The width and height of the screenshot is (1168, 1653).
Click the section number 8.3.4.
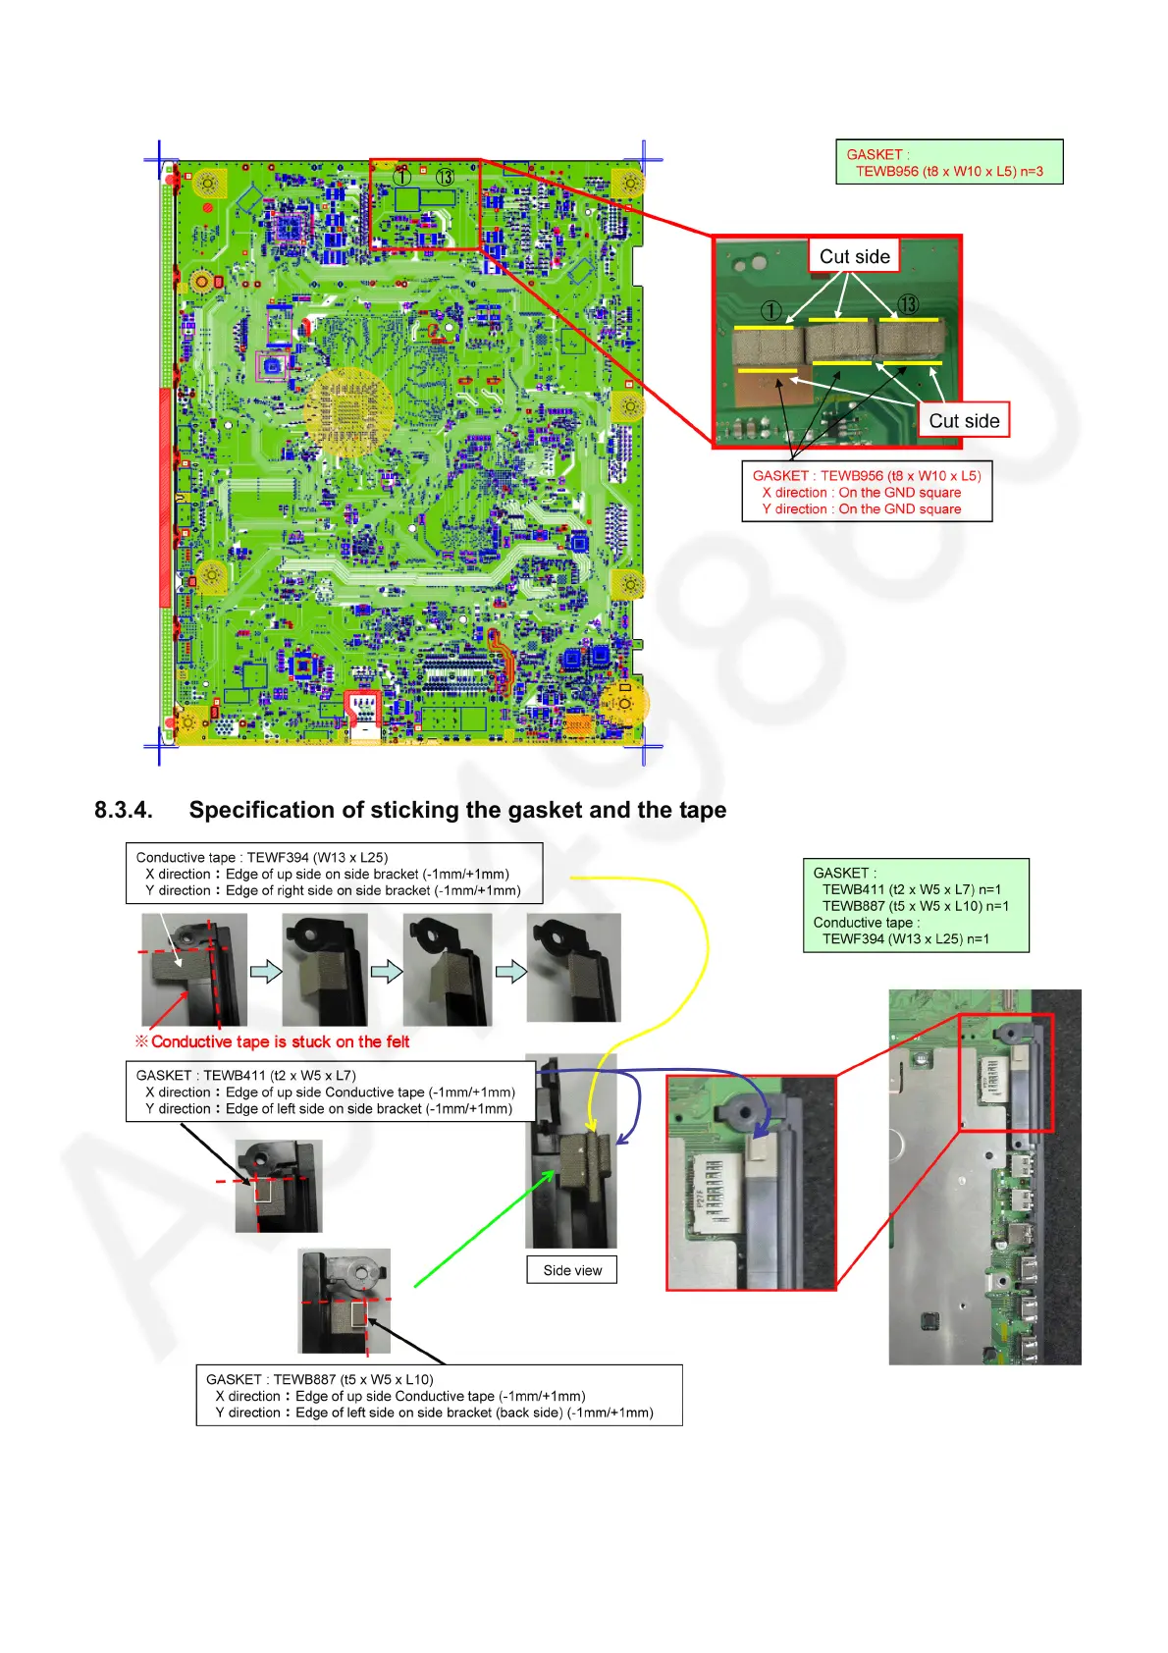tap(124, 811)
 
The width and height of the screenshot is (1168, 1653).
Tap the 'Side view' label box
tap(572, 1270)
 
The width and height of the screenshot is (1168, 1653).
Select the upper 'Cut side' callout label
tap(854, 257)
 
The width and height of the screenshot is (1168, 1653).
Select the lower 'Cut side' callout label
tap(964, 421)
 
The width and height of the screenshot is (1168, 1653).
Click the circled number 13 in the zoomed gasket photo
tap(908, 305)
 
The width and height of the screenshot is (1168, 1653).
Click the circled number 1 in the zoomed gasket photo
tap(771, 311)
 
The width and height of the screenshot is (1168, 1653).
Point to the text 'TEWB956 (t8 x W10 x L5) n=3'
tap(949, 172)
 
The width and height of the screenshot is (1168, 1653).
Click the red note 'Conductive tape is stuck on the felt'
tap(280, 1042)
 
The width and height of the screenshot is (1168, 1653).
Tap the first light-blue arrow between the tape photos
tap(266, 972)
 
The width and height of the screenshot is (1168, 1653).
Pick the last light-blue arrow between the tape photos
tap(510, 972)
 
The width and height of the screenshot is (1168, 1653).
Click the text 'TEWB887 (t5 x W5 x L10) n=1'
tap(915, 906)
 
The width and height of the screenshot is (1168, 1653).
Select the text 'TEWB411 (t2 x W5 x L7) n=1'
tap(911, 889)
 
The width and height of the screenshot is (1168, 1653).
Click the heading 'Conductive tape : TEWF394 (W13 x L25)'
tap(262, 858)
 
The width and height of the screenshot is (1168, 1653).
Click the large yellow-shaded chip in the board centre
tap(349, 412)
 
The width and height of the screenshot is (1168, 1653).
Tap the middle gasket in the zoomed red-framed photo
tap(840, 342)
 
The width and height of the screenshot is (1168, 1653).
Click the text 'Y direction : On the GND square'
tap(861, 509)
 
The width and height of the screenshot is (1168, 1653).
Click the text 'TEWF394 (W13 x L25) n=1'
tap(905, 939)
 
